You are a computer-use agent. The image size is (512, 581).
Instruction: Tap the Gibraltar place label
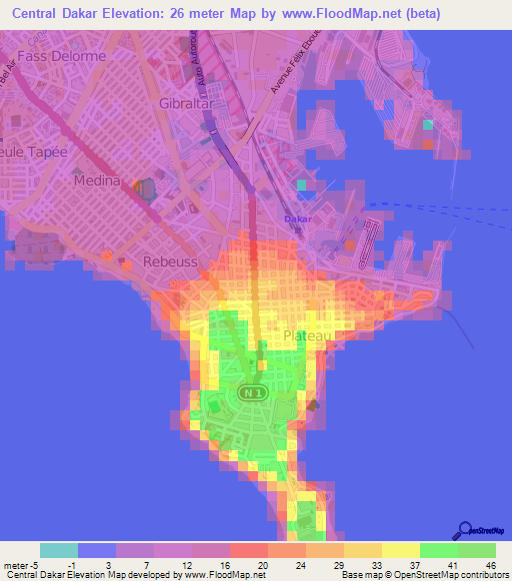(189, 103)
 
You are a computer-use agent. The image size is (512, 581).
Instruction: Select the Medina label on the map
(97, 182)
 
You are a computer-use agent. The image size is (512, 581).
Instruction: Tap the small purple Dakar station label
(298, 218)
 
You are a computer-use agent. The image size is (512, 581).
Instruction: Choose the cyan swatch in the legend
(59, 550)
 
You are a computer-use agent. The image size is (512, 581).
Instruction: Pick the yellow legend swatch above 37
(401, 550)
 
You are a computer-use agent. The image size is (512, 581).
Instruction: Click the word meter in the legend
(17, 563)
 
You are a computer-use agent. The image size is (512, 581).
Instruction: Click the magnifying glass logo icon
(464, 530)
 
